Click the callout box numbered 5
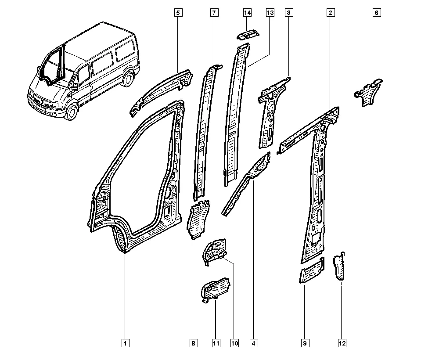coord(178,13)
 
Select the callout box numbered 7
coord(214,13)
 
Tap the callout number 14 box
coord(247,13)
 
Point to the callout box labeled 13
coord(270,13)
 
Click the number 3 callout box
coord(289,13)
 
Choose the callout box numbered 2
coord(331,13)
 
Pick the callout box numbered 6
coord(377,13)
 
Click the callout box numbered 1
coord(126,343)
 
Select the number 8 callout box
coord(194,343)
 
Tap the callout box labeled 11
coord(216,343)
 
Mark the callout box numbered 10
coord(234,343)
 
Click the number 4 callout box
coord(254,343)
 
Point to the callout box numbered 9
coord(305,343)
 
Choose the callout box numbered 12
coord(342,343)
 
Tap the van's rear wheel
coord(129,79)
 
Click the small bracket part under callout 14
coord(248,35)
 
